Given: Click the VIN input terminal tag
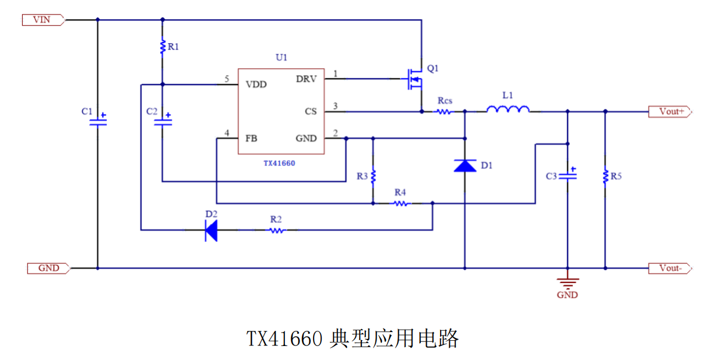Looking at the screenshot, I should [42, 20].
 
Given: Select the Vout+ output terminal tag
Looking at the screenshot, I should [670, 111].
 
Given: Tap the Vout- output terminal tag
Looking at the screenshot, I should [670, 269].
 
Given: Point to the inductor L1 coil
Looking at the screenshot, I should [508, 110].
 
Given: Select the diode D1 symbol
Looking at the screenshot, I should [465, 165].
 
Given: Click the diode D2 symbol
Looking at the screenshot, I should [211, 230].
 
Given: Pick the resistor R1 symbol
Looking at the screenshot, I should [163, 47].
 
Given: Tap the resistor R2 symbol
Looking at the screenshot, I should [276, 231].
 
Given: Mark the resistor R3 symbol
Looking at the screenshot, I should [373, 175].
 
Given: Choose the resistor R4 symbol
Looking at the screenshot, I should [400, 203].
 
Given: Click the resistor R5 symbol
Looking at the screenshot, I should [606, 175].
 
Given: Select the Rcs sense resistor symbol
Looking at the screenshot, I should [444, 111].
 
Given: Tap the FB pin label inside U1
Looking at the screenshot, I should [252, 139].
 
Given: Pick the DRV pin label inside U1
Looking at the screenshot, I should [306, 79].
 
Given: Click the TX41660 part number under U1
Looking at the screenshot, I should [279, 164].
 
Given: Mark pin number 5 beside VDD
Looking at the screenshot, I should [227, 79].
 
